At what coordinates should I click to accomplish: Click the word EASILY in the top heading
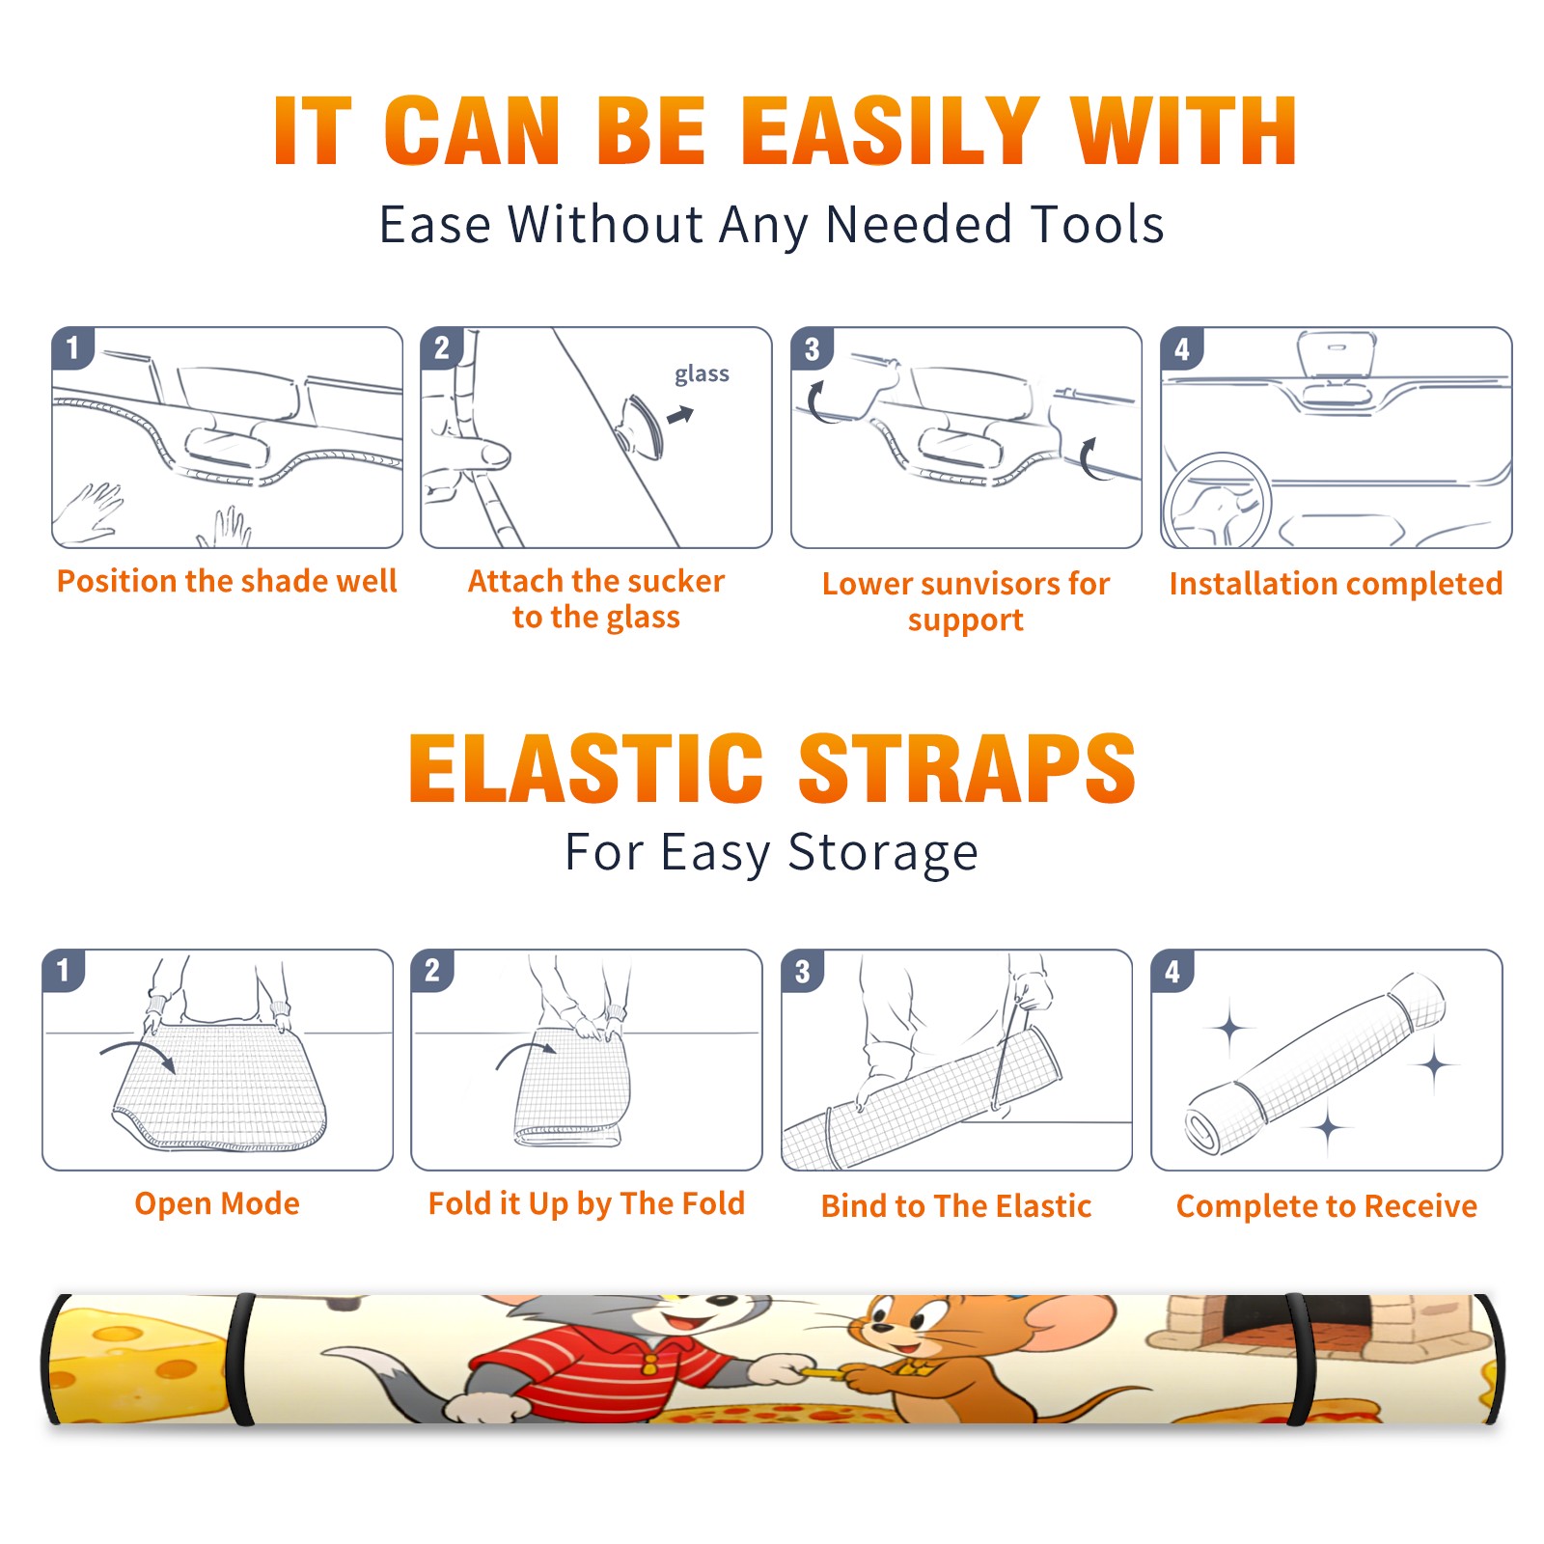point(889,131)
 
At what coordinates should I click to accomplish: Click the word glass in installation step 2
point(702,374)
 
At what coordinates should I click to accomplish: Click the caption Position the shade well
point(227,581)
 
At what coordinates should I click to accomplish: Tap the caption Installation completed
point(1336,584)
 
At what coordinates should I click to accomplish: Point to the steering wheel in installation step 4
point(1217,502)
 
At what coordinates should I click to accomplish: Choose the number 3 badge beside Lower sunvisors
point(812,348)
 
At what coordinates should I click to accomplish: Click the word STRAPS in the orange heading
point(967,768)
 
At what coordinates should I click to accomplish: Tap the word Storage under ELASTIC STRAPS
point(883,853)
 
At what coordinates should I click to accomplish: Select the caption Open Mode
point(217,1203)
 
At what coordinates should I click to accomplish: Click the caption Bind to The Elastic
point(956,1206)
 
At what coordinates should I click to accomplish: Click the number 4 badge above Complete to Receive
point(1172,971)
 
